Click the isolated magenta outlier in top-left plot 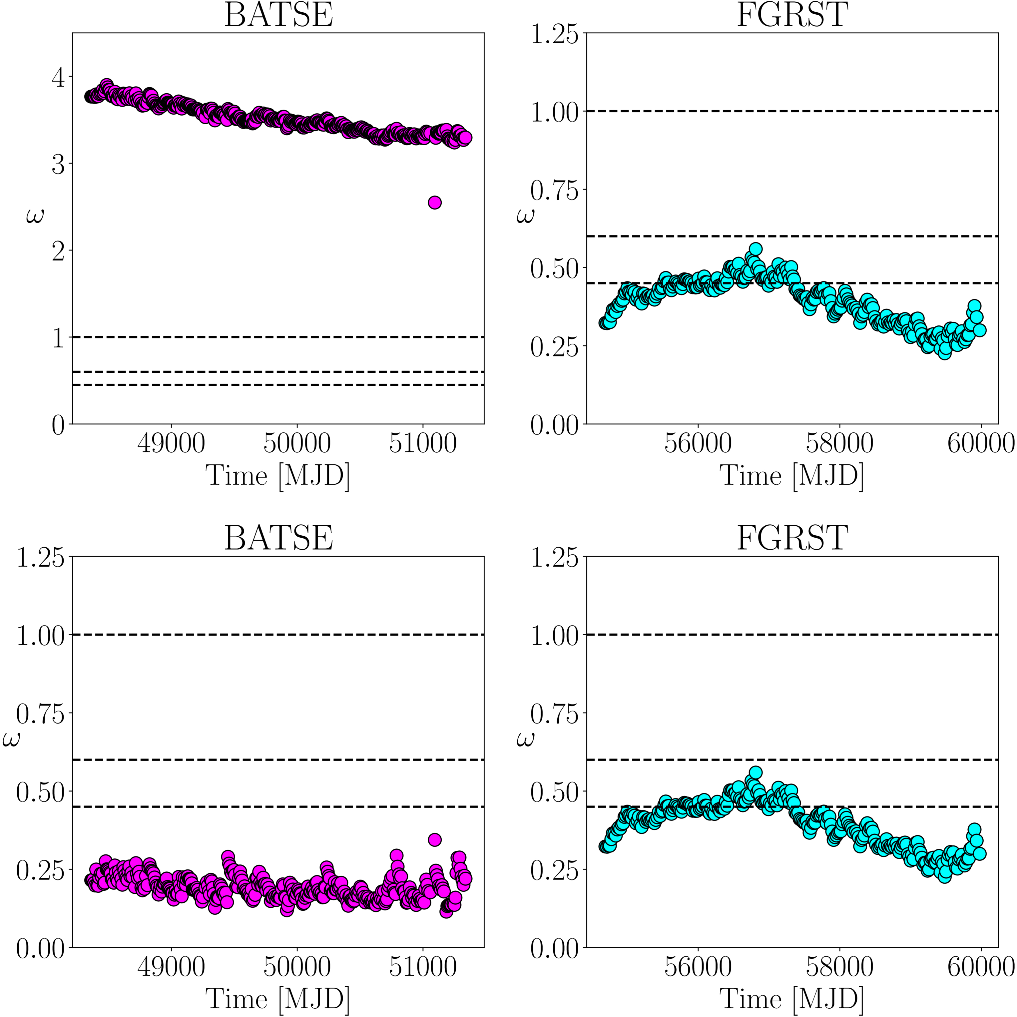click(x=434, y=203)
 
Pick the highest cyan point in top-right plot click(x=756, y=249)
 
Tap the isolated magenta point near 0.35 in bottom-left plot click(x=434, y=839)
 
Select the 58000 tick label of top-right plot click(x=839, y=443)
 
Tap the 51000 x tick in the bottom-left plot click(x=423, y=967)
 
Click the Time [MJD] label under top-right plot click(x=792, y=476)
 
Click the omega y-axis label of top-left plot click(x=35, y=216)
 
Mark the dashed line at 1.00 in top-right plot click(x=792, y=111)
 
